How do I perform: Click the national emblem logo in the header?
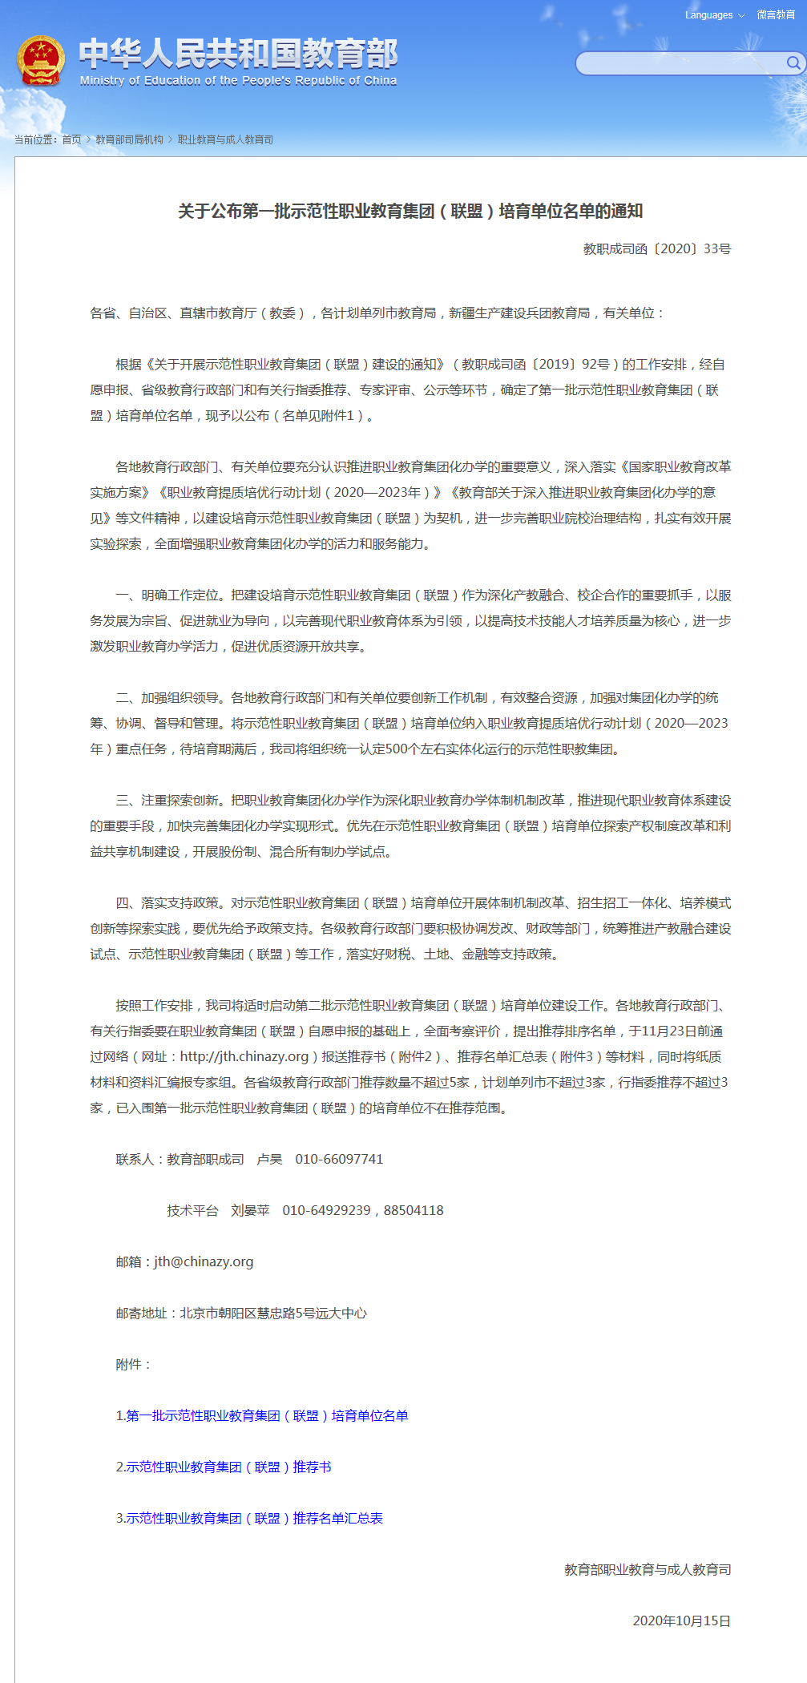click(41, 61)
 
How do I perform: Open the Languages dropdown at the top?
click(714, 15)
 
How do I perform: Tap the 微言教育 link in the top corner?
click(776, 15)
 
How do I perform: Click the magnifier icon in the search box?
click(793, 63)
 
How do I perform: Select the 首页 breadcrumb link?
click(72, 139)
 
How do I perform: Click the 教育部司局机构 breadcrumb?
click(129, 139)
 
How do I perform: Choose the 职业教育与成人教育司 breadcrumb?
click(225, 139)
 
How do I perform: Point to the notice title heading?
click(410, 212)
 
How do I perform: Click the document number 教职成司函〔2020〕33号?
click(657, 249)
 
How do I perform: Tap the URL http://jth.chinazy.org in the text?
click(244, 1056)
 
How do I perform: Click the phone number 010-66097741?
click(339, 1159)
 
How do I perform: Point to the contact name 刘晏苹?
click(250, 1210)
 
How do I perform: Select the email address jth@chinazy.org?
click(204, 1261)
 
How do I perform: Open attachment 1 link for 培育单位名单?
click(262, 1415)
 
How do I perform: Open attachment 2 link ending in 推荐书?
click(224, 1467)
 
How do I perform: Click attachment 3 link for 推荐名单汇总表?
click(249, 1518)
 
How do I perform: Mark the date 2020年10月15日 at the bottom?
click(681, 1620)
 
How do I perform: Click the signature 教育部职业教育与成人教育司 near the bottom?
click(648, 1569)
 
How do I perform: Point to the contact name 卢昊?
click(269, 1159)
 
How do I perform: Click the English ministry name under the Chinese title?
click(238, 81)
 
